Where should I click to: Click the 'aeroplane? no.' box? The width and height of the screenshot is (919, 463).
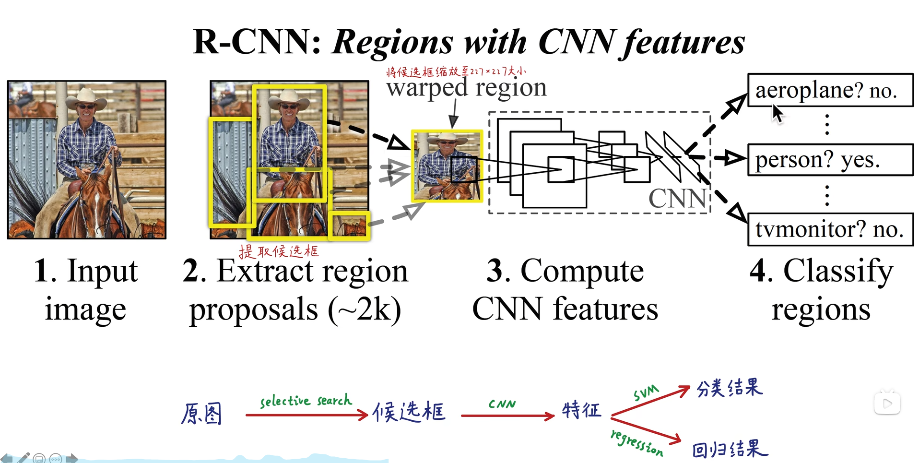(x=830, y=90)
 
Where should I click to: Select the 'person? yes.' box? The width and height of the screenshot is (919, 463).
(x=830, y=160)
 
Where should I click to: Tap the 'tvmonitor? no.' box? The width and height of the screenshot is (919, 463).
(x=830, y=229)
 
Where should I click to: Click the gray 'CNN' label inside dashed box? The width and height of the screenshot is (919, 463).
(x=678, y=198)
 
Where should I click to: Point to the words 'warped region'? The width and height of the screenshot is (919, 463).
(x=466, y=88)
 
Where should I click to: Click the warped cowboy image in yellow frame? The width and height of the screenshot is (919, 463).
(x=447, y=166)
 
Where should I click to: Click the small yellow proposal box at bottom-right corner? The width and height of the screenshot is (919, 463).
(x=350, y=226)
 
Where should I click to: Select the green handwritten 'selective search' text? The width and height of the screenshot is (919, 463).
(x=306, y=401)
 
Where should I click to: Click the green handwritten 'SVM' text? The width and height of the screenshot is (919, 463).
(x=646, y=393)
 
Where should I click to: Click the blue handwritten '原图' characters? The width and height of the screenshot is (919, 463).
(x=201, y=414)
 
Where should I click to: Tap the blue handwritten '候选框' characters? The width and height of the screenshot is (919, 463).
(x=409, y=412)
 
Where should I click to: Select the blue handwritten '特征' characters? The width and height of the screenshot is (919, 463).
(x=581, y=410)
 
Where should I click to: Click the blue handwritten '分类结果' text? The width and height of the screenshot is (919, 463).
(x=729, y=388)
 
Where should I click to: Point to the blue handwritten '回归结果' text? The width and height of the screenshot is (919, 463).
(x=729, y=450)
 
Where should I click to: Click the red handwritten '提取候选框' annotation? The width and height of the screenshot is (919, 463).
(x=279, y=251)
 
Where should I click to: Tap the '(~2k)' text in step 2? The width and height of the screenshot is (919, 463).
(x=365, y=309)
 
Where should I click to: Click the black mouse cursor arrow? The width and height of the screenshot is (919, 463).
(x=777, y=114)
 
